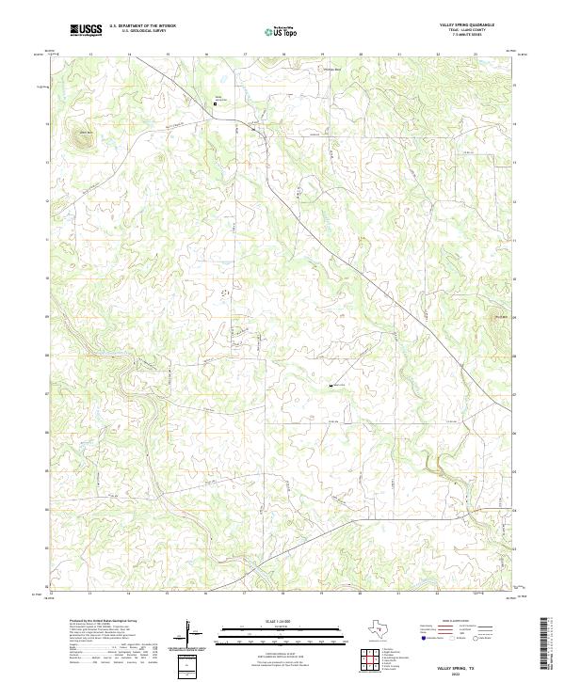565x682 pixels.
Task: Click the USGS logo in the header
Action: point(87,31)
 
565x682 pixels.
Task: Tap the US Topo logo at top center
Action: point(283,31)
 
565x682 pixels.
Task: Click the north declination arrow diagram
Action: point(190,634)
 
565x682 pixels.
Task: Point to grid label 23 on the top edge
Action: point(476,55)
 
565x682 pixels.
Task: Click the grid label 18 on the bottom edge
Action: point(283,595)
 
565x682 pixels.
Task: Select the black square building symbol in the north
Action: point(214,104)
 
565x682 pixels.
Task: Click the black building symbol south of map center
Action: point(331,386)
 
